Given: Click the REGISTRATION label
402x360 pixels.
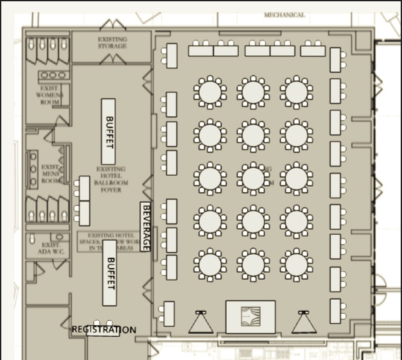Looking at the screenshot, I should [x=103, y=330].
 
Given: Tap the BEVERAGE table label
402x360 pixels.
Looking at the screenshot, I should [x=146, y=227].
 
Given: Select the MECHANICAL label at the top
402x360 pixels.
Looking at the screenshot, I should [x=284, y=14].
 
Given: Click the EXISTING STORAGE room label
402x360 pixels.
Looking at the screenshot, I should [x=112, y=42].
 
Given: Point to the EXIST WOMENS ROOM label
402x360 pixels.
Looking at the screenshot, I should [x=49, y=95].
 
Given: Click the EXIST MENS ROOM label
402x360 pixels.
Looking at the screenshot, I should [x=51, y=174].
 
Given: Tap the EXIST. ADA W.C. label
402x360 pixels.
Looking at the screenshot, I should [x=51, y=249].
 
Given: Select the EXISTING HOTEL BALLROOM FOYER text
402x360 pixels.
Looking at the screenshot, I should [x=112, y=179].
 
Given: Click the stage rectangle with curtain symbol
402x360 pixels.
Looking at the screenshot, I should [x=250, y=316].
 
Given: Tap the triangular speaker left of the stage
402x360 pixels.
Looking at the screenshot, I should [x=201, y=322].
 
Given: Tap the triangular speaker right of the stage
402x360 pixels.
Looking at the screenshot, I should [x=304, y=322].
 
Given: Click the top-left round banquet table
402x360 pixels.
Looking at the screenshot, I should [x=209, y=92].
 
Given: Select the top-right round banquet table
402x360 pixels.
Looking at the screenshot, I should [x=296, y=92].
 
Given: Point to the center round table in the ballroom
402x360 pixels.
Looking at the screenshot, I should [x=253, y=178].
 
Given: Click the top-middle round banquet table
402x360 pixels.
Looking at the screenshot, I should [x=253, y=92].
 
